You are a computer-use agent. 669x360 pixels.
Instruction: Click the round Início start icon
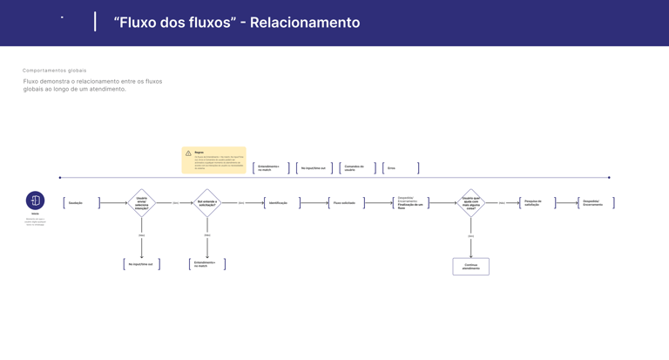(x=35, y=200)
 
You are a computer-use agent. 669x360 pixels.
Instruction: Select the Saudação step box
(x=81, y=203)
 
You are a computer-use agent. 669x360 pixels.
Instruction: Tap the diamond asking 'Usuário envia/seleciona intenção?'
(x=141, y=203)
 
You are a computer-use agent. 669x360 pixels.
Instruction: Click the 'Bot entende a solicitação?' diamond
(x=207, y=203)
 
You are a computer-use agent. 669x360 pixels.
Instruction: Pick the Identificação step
(x=281, y=203)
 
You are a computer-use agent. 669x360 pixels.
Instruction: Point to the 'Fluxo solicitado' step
(x=346, y=203)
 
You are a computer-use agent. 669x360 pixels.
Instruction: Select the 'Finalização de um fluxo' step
(x=410, y=204)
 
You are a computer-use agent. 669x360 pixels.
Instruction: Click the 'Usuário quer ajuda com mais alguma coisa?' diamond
(x=470, y=203)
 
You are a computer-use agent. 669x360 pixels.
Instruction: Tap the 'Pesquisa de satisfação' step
(x=537, y=203)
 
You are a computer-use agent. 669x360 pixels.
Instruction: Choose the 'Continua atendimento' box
(x=470, y=266)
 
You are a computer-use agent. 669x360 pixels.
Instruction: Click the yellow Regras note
(x=214, y=160)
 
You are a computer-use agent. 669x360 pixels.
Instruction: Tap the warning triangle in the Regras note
(x=188, y=153)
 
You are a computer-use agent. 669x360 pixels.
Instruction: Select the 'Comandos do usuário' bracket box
(x=357, y=168)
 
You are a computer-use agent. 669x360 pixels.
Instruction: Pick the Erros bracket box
(x=401, y=168)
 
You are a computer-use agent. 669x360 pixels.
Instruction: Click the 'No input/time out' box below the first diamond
(x=141, y=264)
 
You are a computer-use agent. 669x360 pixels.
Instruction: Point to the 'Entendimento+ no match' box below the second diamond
(x=207, y=264)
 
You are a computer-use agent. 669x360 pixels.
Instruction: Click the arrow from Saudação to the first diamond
(x=114, y=203)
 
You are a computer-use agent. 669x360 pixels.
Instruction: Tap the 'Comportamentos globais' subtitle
(x=55, y=71)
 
